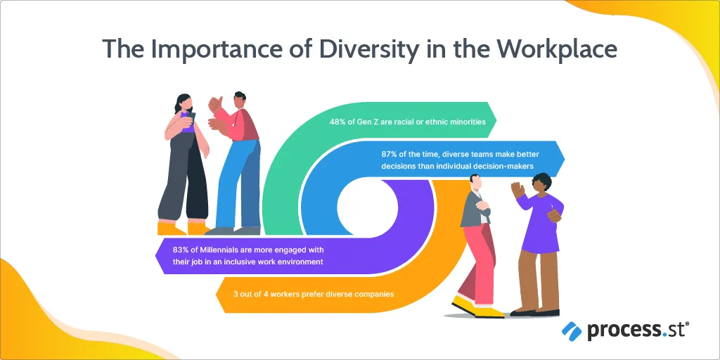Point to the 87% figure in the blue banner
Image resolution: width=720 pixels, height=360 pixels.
389,155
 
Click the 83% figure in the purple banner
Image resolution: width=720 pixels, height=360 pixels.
181,250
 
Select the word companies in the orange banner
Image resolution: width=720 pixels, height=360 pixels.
373,295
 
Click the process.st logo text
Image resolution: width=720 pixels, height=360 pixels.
638,331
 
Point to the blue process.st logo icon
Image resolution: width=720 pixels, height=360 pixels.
572,331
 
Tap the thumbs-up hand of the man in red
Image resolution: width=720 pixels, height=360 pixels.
214,104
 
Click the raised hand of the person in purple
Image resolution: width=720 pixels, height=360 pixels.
517,190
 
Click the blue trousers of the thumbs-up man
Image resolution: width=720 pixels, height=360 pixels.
239,184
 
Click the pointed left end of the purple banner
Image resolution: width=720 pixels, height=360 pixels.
155,256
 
